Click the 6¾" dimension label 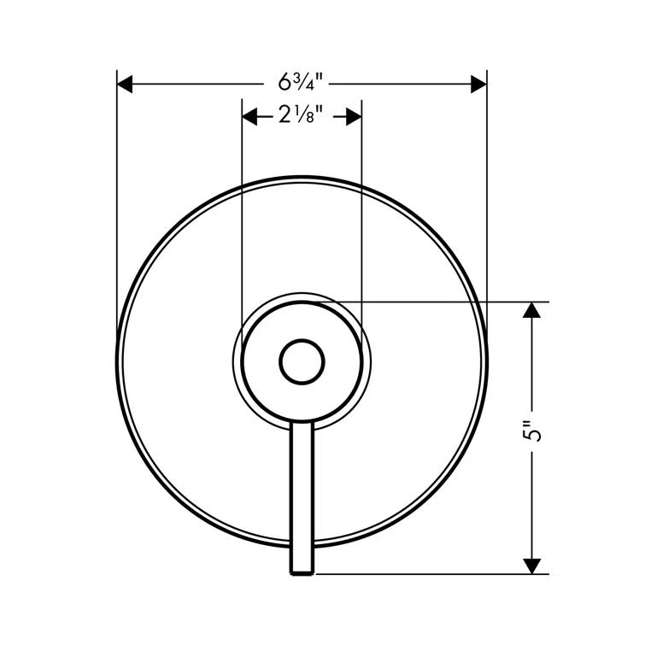(301, 84)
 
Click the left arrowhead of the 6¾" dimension (126, 84)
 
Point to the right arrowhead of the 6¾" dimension (478, 84)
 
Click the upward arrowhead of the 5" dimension (532, 310)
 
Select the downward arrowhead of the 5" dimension (532, 565)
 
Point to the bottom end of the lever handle (302, 571)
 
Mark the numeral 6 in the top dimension (284, 84)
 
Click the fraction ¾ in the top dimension (301, 84)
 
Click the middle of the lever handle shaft (302, 495)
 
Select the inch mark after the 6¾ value (318, 80)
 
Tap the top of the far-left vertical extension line (117, 73)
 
